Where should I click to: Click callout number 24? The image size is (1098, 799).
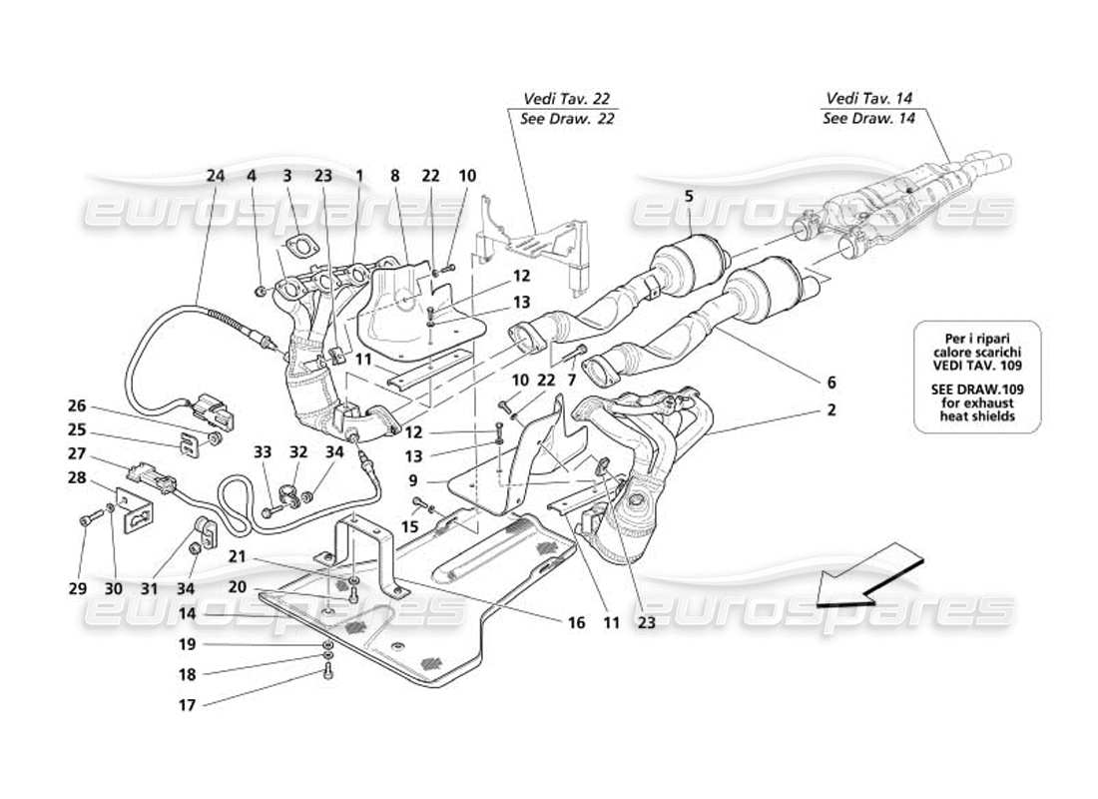point(216,176)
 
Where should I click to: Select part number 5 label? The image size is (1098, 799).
point(690,197)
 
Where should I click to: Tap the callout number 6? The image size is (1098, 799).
point(830,382)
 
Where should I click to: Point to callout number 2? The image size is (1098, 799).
point(830,409)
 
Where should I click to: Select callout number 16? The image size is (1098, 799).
point(576,622)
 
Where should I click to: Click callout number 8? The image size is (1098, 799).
point(395,176)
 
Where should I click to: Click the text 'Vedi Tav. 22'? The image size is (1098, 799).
point(566,99)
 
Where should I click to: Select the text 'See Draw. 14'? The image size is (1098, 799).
point(868,118)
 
